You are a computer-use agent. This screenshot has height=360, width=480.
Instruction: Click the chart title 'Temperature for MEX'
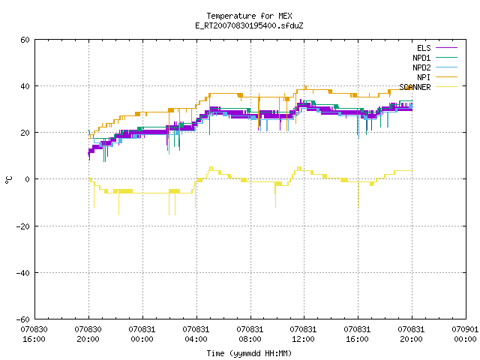point(249,16)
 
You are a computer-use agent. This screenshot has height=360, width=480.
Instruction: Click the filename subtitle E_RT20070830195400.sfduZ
point(249,25)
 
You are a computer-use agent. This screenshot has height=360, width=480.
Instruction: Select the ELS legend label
point(424,48)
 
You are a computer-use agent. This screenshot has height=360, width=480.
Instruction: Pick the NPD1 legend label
point(421,58)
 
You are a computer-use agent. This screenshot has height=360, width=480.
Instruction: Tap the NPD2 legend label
point(421,67)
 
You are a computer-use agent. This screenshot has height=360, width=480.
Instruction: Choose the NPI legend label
point(424,77)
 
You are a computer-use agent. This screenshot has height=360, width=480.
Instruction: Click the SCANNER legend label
point(415,87)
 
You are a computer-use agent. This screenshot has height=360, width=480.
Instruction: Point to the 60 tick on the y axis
point(25,40)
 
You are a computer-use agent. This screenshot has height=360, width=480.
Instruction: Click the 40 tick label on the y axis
point(25,86)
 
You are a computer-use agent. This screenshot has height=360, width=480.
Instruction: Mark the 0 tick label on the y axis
point(28,179)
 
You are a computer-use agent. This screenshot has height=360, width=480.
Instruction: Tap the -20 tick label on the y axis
point(23,226)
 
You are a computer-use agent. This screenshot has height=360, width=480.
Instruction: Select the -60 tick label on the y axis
point(23,319)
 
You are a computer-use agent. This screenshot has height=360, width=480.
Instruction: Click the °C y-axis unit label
point(9,180)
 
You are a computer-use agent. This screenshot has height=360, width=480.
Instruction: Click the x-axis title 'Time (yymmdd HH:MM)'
point(249,353)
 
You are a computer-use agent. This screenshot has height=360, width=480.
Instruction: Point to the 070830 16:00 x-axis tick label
point(34,334)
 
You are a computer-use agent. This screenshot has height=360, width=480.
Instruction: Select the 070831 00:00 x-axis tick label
point(142,334)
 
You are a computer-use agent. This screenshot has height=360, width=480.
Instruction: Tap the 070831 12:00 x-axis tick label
point(303,334)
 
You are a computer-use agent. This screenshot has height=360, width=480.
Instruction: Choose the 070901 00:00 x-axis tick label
point(465,334)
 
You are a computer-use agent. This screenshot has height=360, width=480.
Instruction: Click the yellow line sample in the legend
point(447,87)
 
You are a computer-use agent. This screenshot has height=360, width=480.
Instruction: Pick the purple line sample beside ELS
point(447,48)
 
